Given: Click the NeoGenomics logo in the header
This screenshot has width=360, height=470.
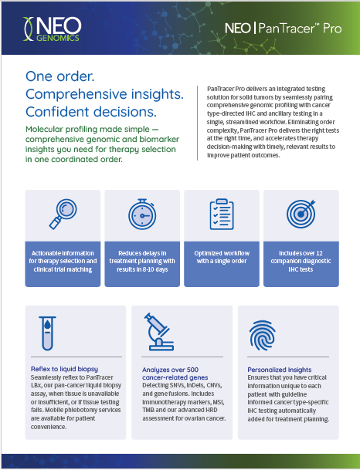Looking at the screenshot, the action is click(52, 29).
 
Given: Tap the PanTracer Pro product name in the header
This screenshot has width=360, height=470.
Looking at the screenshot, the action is click(284, 29).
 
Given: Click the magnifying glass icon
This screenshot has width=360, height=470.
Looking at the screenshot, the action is click(63, 214).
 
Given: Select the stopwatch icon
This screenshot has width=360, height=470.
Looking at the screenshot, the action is click(142, 214).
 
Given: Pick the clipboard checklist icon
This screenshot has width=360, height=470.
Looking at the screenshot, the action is click(222, 214).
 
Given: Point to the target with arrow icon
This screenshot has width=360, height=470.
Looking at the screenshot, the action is click(301, 214).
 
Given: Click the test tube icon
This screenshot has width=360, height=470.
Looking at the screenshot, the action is click(47, 333).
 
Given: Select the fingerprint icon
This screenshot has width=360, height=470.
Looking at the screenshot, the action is click(262, 336).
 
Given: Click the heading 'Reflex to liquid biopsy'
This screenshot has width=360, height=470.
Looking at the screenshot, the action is click(64, 369).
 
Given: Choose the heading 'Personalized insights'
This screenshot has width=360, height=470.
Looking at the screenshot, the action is click(280, 370).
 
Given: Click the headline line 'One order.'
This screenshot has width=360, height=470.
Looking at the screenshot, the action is click(60, 76).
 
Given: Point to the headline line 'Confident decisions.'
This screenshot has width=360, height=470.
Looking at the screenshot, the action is click(91, 112).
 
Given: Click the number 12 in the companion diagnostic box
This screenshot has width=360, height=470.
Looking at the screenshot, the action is click(319, 253).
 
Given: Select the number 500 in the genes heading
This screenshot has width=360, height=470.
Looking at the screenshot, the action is click(192, 370).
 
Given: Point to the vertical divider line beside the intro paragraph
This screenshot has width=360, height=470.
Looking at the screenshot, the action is click(198, 123).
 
